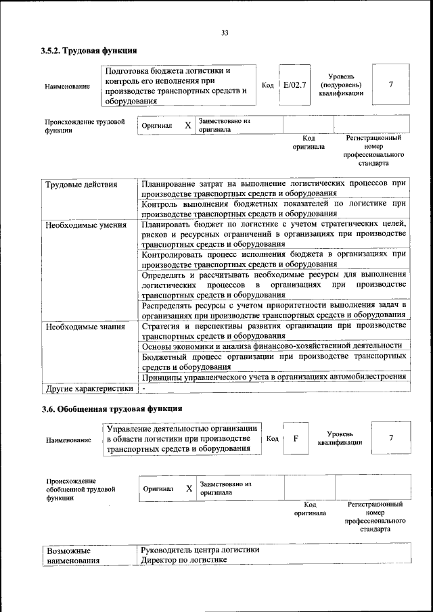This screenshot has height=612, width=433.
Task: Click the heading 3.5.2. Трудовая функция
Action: [x=89, y=51]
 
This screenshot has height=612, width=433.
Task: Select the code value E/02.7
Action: [x=294, y=85]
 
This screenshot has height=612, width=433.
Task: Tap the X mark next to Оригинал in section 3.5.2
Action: [x=187, y=125]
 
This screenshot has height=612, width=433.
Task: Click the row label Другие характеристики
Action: [x=89, y=389]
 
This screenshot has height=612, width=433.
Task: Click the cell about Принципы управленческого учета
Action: [x=274, y=377]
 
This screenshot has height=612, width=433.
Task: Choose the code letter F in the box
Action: [x=296, y=438]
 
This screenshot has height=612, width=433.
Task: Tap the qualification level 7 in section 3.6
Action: [x=391, y=438]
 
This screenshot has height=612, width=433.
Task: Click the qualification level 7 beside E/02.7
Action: [x=391, y=85]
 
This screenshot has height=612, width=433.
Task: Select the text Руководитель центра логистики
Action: [x=200, y=550]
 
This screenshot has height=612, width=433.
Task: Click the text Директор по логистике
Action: [x=183, y=561]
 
